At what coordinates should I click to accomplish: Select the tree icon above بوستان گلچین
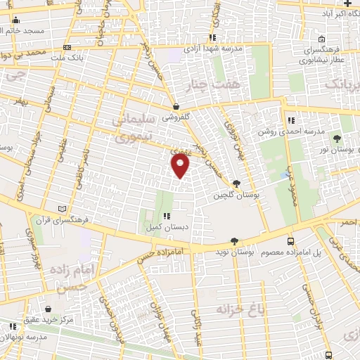point(236,184)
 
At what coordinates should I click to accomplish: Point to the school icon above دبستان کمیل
point(167,217)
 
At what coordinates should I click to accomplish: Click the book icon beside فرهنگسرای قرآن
point(63,209)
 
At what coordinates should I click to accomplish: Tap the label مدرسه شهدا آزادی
point(213,49)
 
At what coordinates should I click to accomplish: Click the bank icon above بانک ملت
point(66,47)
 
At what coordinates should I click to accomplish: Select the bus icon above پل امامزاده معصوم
point(291,241)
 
